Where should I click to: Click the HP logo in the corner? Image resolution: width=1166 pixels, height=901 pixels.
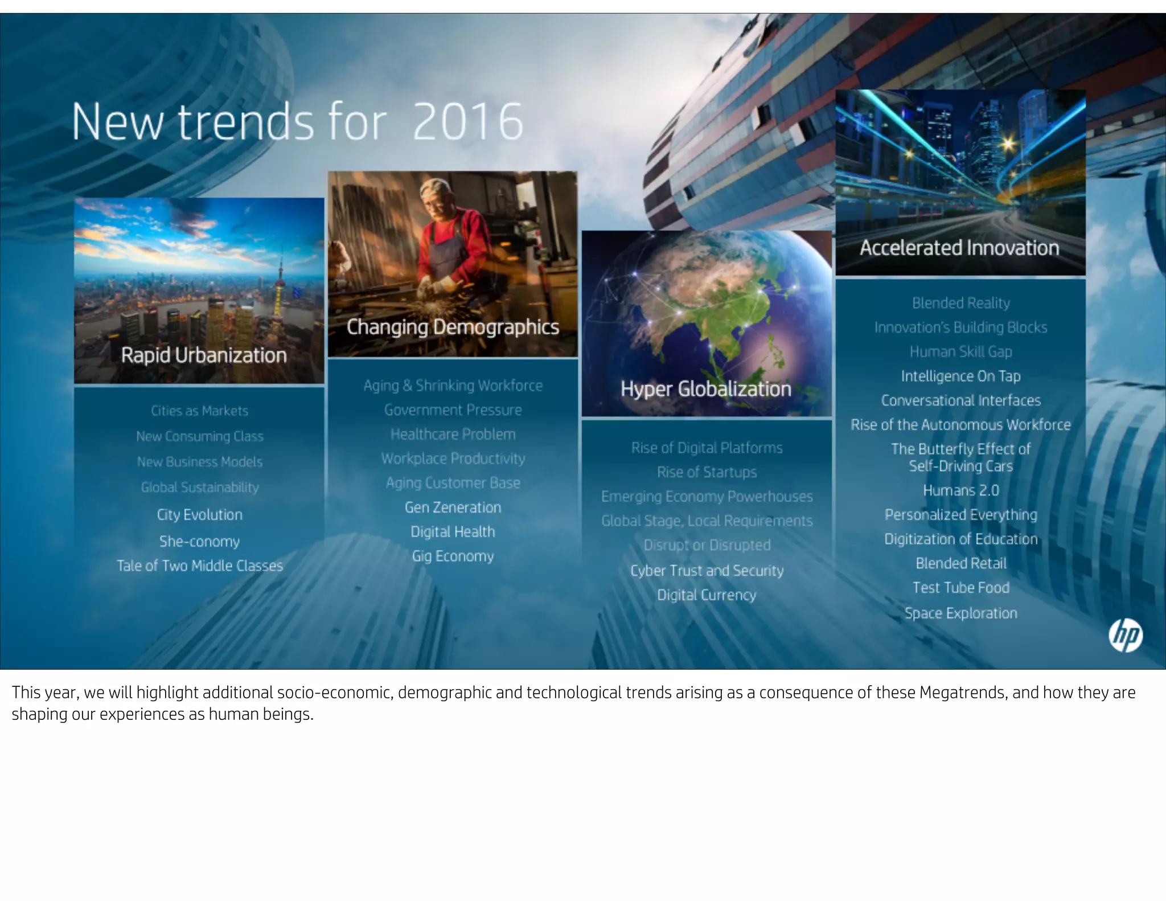click(1126, 636)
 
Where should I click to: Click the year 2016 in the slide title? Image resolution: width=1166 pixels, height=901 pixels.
click(467, 122)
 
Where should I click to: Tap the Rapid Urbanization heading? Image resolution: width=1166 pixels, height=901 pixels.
click(204, 355)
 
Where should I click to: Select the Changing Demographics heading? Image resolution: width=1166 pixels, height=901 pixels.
click(453, 327)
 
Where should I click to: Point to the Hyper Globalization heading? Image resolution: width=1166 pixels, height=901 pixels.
click(706, 389)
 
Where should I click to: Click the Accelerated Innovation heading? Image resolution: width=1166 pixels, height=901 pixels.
click(959, 248)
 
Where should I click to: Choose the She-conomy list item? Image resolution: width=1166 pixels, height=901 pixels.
click(199, 541)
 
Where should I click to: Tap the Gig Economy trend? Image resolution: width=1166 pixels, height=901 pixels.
click(453, 556)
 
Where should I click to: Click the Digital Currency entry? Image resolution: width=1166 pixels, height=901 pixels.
click(707, 595)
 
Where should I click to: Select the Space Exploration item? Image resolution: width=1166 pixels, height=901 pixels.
click(960, 613)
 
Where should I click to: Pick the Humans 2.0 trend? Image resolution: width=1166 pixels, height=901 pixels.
click(960, 490)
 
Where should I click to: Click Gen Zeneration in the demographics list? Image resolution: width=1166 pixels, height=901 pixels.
click(453, 507)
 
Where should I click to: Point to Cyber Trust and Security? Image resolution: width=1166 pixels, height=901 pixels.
click(707, 571)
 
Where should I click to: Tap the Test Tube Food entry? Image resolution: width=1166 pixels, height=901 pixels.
click(960, 588)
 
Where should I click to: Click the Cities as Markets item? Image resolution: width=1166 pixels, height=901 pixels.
click(199, 411)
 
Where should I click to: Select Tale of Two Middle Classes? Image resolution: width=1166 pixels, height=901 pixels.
click(199, 566)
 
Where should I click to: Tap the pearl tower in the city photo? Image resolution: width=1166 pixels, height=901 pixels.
click(279, 285)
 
